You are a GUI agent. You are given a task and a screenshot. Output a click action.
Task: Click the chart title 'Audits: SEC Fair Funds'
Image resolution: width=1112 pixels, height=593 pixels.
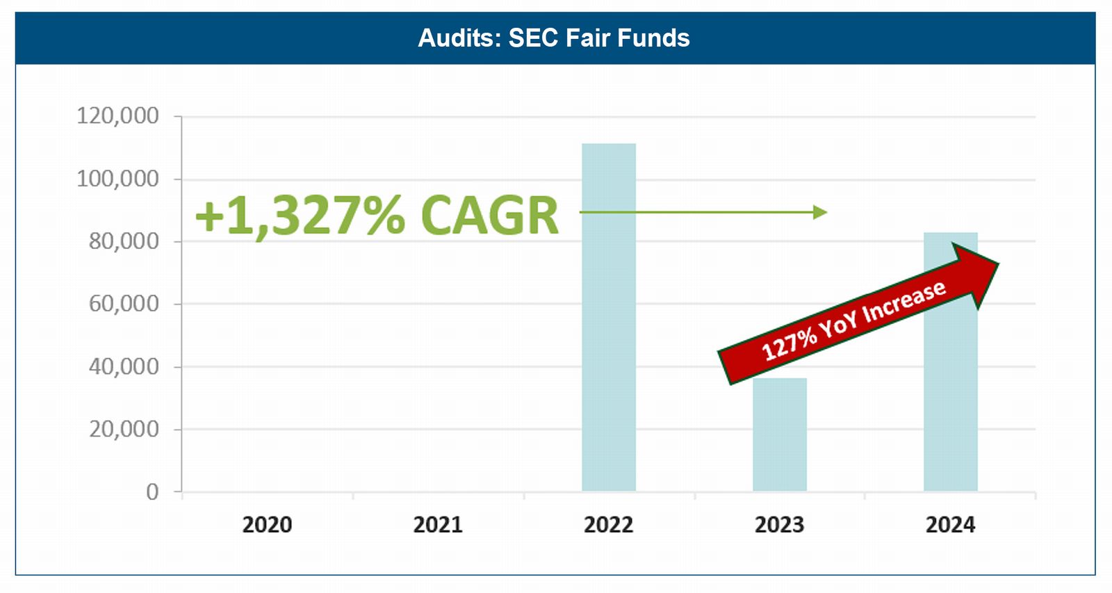(554, 38)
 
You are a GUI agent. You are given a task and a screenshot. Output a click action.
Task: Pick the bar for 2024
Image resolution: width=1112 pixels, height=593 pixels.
(951, 403)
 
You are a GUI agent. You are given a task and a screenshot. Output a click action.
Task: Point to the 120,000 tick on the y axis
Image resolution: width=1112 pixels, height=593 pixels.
(117, 115)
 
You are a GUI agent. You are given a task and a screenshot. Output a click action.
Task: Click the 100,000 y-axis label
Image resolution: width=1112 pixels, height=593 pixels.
(117, 179)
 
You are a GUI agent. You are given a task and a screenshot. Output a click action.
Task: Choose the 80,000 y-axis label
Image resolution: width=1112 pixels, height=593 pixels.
(124, 241)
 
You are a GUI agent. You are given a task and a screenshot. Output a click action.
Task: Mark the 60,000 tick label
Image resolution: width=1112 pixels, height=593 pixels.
(124, 304)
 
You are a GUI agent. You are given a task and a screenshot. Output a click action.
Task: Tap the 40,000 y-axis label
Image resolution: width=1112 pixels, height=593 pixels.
(124, 366)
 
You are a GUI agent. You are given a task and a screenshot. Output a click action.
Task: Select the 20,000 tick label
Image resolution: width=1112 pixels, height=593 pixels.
(124, 429)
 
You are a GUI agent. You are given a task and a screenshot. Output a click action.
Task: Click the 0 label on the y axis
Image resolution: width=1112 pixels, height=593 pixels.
(152, 492)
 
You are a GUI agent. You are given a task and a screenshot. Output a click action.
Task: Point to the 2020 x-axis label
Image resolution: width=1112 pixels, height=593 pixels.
(267, 524)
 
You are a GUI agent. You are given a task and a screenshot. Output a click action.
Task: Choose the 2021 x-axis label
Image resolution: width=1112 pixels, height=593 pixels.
(438, 524)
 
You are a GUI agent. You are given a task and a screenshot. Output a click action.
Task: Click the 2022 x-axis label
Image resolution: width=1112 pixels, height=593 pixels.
(609, 524)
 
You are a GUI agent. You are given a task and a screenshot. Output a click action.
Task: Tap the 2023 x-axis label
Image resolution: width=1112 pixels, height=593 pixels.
(780, 524)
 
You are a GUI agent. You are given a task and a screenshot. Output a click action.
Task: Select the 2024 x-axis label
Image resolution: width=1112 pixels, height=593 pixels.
(951, 524)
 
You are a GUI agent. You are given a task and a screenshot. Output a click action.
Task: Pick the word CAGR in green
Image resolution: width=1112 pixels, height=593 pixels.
(490, 216)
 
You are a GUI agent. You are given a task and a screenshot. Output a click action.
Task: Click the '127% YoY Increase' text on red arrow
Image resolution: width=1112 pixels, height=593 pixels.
(853, 320)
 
